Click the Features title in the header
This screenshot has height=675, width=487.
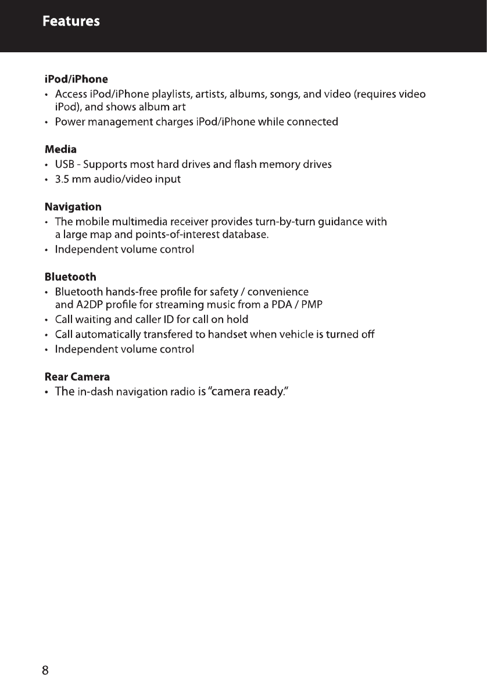(x=71, y=21)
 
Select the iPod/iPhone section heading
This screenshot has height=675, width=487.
(x=76, y=78)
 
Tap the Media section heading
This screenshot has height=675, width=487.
(x=61, y=149)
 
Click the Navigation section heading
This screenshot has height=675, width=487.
(x=73, y=207)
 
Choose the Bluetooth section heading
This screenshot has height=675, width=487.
(x=70, y=277)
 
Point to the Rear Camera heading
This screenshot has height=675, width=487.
(x=77, y=377)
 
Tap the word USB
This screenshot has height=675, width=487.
(x=64, y=164)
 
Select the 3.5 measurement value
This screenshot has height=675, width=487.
(x=62, y=179)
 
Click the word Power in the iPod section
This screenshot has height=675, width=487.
(x=68, y=122)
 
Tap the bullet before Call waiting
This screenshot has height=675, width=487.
(x=46, y=320)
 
